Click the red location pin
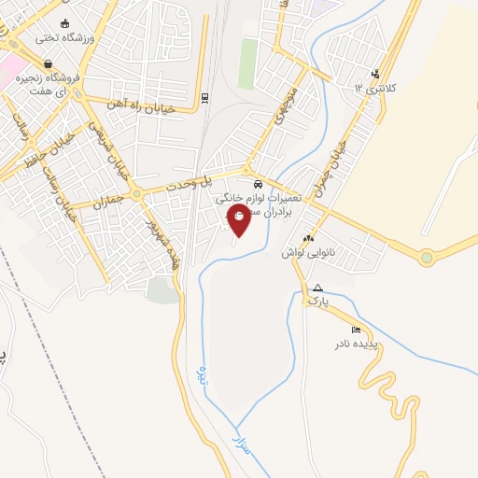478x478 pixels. tap(239, 218)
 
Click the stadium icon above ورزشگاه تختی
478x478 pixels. tap(63, 23)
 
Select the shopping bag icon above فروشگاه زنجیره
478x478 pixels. tap(48, 63)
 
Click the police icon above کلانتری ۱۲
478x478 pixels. tap(374, 75)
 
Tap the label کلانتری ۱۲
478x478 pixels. tap(374, 87)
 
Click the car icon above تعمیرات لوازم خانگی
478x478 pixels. tap(258, 184)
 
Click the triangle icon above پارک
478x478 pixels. tap(318, 288)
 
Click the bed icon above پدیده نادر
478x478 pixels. tap(356, 330)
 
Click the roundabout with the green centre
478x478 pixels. tap(426, 258)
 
